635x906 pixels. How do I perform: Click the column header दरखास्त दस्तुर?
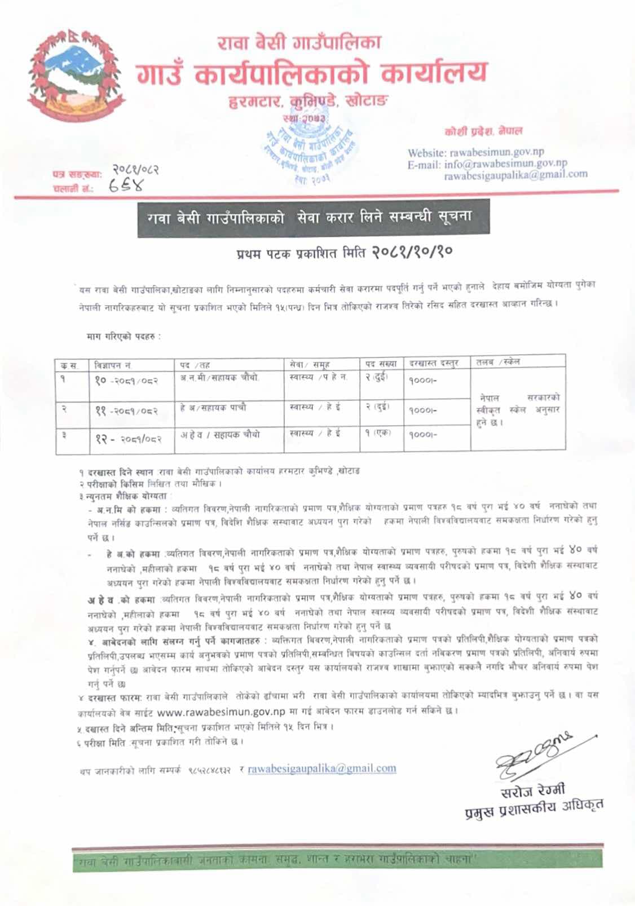tap(434, 364)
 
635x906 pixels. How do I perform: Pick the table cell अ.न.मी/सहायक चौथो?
tap(219, 378)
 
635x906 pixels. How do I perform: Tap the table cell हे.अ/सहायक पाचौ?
tap(213, 408)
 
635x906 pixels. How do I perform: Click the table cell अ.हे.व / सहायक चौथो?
tap(220, 434)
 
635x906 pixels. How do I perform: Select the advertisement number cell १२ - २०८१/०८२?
tap(128, 439)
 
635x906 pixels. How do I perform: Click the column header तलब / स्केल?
tap(498, 362)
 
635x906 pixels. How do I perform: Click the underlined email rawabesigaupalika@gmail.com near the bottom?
tap(321, 768)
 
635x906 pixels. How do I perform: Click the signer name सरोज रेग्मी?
tap(532, 791)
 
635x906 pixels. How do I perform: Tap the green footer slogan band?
tap(337, 860)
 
